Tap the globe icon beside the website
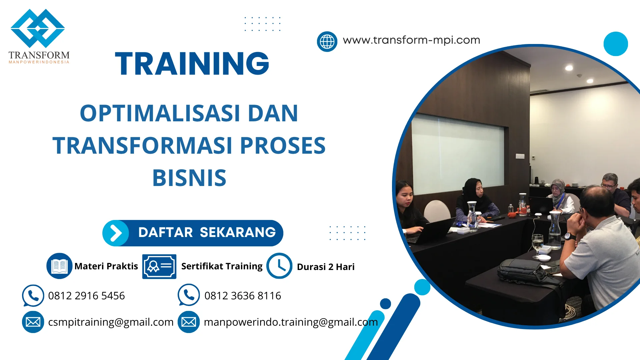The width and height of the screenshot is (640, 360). (x=327, y=42)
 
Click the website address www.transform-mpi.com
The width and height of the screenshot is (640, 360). (x=411, y=40)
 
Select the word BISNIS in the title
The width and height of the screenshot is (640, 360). (x=189, y=178)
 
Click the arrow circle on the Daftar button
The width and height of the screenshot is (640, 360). (x=115, y=233)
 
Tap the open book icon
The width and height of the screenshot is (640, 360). (x=59, y=266)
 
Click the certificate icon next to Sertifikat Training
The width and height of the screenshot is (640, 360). (x=159, y=266)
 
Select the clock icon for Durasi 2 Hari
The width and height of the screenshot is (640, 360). (x=279, y=266)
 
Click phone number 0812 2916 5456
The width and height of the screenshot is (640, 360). (x=86, y=296)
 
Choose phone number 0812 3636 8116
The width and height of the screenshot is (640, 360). (x=242, y=296)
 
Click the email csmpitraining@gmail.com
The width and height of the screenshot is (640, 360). (x=111, y=322)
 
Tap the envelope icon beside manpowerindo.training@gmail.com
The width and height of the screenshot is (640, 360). (x=189, y=322)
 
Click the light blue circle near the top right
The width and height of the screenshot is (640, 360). (x=615, y=44)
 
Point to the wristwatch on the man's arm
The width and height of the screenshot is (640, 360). (x=570, y=237)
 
